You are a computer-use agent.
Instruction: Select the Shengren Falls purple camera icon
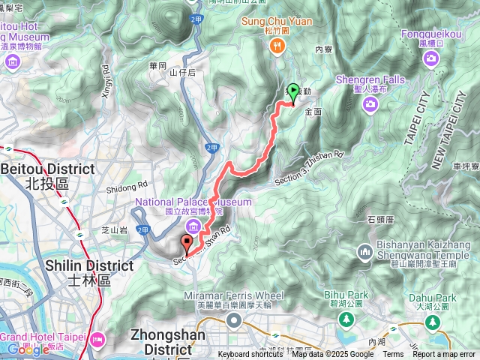pyautogui.click(x=370, y=106)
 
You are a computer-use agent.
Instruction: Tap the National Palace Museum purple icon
pyautogui.click(x=193, y=226)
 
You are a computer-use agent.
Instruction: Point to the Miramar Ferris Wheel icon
pyautogui.click(x=233, y=321)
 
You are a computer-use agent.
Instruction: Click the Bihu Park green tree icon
pyautogui.click(x=346, y=320)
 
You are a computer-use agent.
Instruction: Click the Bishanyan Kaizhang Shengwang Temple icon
pyautogui.click(x=365, y=251)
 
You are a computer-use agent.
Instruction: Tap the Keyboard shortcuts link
pyautogui.click(x=250, y=355)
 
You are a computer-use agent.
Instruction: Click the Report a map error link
pyautogui.click(x=444, y=355)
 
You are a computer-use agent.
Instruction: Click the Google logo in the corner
pyautogui.click(x=28, y=349)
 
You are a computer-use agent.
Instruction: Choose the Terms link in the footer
pyautogui.click(x=393, y=355)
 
